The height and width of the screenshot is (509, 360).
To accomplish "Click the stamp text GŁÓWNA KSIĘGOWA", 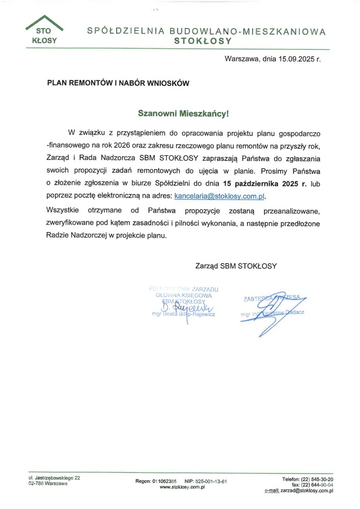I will (184, 295).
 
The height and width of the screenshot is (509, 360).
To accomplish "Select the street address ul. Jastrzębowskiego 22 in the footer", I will (54, 477).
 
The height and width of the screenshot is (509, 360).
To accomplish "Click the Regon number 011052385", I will (164, 481).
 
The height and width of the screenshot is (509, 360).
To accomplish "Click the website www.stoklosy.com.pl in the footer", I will (182, 487).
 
